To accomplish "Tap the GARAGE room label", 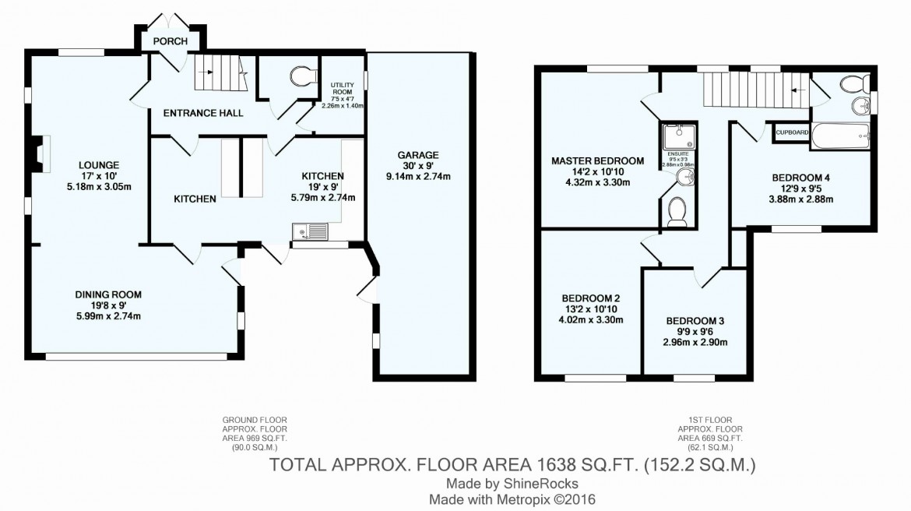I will [x=420, y=154].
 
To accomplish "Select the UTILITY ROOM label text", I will [x=343, y=86].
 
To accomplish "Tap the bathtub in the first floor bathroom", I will [x=842, y=136].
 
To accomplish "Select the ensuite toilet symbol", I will [x=677, y=210].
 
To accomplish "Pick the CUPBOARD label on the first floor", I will [x=791, y=133].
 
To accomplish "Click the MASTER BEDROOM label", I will [x=597, y=161].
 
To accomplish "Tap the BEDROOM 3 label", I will [x=695, y=321].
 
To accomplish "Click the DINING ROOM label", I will [x=108, y=294].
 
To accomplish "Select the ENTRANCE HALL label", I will [x=202, y=113].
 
